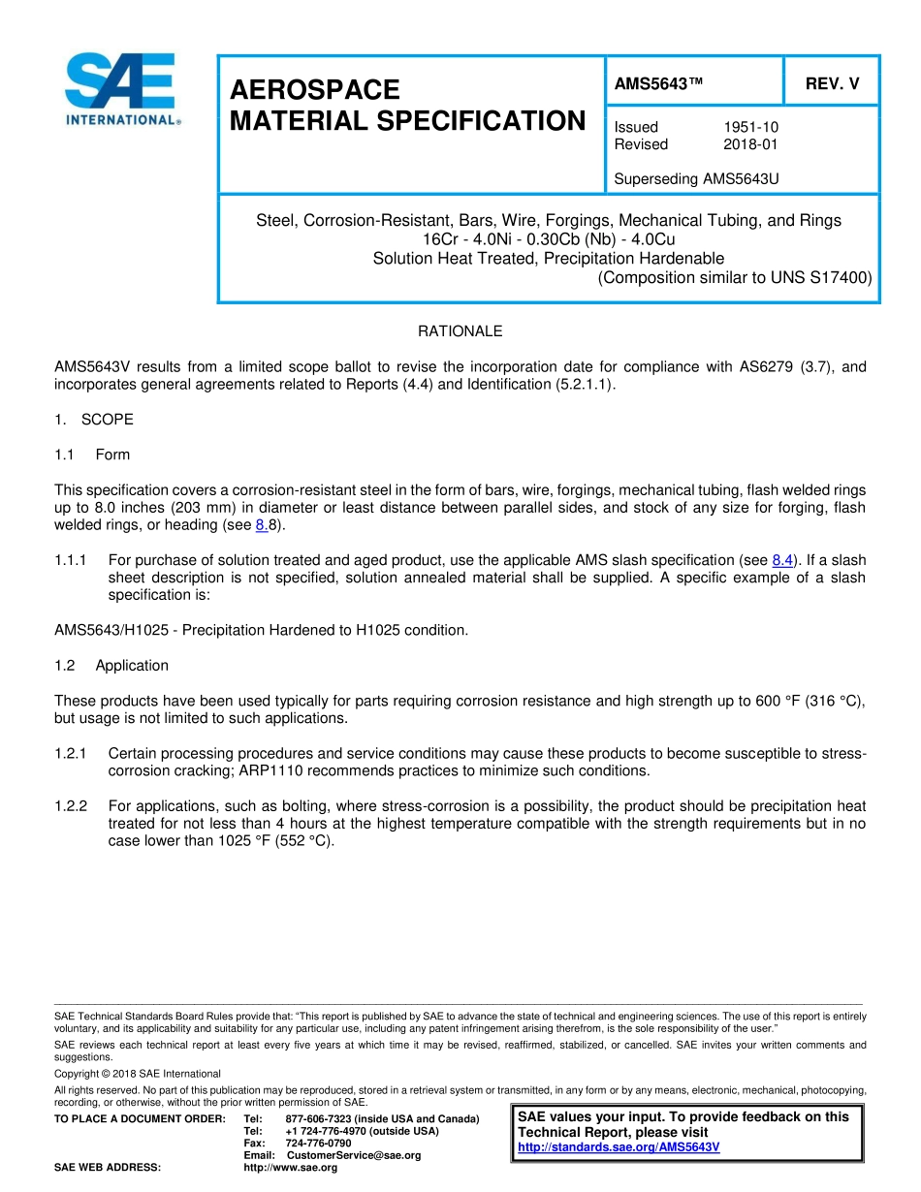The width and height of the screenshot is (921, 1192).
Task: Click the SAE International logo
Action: pos(121,89)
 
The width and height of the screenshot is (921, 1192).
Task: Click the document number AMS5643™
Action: pos(658,83)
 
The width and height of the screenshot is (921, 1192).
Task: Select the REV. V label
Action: pos(832,83)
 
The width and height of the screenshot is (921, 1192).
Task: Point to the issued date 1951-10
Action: pos(750,127)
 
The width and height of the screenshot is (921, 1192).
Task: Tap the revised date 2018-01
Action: pos(750,144)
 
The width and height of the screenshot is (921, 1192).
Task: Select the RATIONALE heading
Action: pos(460,331)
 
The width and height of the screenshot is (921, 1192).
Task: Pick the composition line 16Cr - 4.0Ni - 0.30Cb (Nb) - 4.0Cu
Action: pos(548,239)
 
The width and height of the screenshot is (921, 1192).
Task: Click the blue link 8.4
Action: pos(782,560)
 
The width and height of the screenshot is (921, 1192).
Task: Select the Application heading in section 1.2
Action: pos(132,666)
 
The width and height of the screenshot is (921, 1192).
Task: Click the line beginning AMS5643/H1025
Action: pos(261,630)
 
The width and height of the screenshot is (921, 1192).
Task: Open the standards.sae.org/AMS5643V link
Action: pos(619,1147)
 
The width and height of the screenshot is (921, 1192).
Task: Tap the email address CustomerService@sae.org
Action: pos(354,1155)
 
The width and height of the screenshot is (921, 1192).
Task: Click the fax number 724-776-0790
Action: pos(318,1144)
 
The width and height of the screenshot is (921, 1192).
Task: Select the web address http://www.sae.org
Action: pos(290,1168)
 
